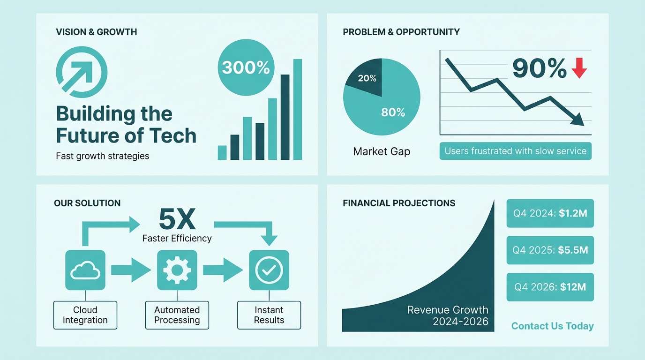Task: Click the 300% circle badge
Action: (x=246, y=67)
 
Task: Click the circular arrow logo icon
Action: (x=82, y=73)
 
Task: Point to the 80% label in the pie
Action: (x=393, y=112)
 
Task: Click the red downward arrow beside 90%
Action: (x=579, y=68)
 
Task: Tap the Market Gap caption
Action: (x=382, y=151)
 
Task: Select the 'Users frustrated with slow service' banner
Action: (x=515, y=151)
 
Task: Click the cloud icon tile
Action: (x=85, y=270)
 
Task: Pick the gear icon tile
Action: (x=177, y=270)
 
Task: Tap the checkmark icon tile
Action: (x=269, y=270)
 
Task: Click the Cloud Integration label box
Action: (x=85, y=315)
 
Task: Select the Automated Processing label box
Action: (x=177, y=315)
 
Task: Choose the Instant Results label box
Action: (x=269, y=315)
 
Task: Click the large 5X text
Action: (x=177, y=218)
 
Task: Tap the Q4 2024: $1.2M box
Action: (x=550, y=213)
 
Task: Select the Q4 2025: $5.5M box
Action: (x=550, y=250)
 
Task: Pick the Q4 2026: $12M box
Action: (x=550, y=287)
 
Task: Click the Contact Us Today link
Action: (x=552, y=326)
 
